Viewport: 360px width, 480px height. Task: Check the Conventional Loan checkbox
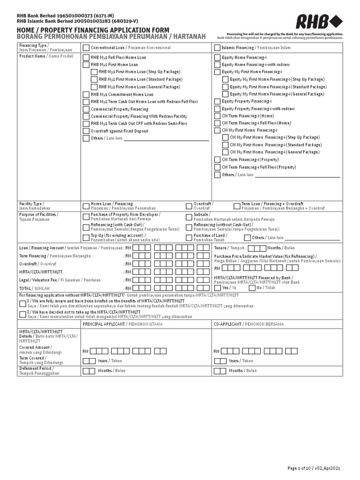tap(86, 48)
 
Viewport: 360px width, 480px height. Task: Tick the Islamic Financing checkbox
tap(217, 48)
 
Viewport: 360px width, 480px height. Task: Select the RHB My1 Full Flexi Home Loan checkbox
tap(86, 58)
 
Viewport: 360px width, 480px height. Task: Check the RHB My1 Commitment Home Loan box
tap(86, 94)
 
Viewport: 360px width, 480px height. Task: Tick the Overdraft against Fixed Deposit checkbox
tap(86, 131)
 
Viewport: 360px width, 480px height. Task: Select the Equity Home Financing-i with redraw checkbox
tap(217, 65)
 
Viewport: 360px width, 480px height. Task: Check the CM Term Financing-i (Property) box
tap(217, 160)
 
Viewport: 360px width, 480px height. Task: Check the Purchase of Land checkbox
tap(189, 237)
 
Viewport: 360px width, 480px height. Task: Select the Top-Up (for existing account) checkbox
tap(86, 237)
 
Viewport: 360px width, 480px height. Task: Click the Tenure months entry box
tap(256, 248)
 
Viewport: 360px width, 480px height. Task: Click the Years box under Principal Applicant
tap(89, 361)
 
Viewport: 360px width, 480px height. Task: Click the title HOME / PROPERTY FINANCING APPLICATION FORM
tap(93, 30)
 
